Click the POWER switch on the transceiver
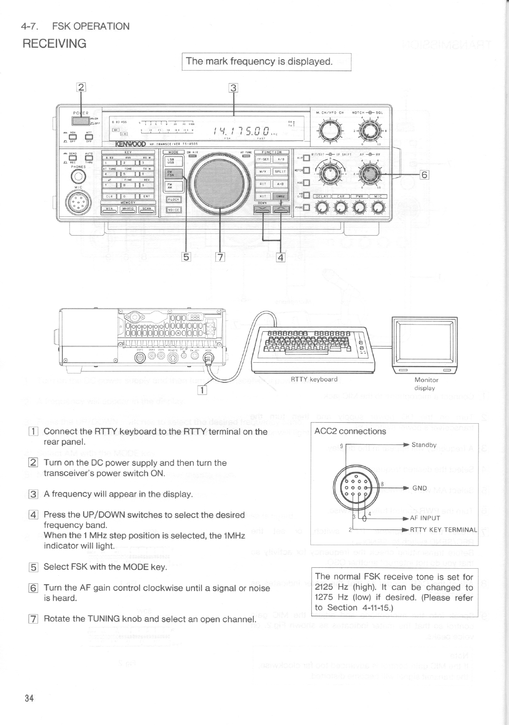(x=81, y=119)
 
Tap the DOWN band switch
(x=263, y=209)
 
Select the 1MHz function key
(x=280, y=196)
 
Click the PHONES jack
(x=78, y=176)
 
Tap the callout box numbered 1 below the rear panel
(x=202, y=390)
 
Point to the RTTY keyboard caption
(x=314, y=379)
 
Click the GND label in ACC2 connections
(x=420, y=488)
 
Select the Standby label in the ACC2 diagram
(x=424, y=445)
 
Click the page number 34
(x=29, y=698)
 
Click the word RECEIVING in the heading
(x=54, y=44)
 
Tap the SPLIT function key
(x=280, y=171)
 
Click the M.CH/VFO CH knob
(x=330, y=129)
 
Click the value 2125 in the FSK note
(x=325, y=587)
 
